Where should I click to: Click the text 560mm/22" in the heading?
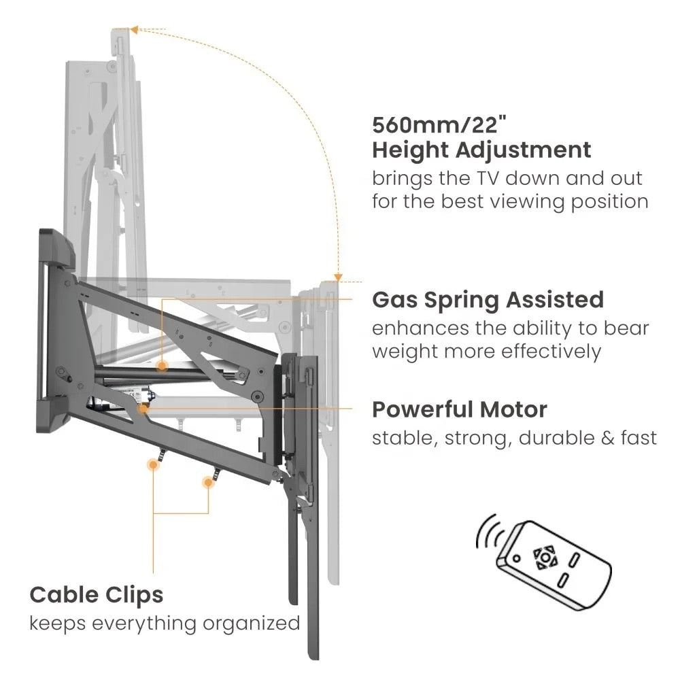tap(440, 125)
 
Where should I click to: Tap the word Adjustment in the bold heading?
tap(523, 151)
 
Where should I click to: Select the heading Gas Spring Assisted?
tap(488, 300)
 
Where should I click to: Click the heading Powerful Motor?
tap(460, 409)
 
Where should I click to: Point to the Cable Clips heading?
tap(97, 594)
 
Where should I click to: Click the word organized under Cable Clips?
tap(251, 624)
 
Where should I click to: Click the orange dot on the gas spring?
tap(163, 367)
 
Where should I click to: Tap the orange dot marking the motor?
tap(143, 409)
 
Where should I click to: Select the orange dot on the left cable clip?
tap(152, 465)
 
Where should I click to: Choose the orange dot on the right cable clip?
tap(209, 482)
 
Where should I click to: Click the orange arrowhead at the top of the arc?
tap(134, 30)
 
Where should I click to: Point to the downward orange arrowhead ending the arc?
tap(338, 278)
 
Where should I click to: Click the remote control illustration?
tap(554, 563)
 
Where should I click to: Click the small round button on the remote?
tap(517, 558)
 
